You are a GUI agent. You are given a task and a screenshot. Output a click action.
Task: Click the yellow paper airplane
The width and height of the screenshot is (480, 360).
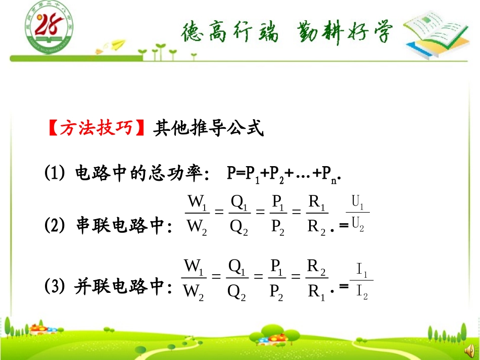(x=118, y=45)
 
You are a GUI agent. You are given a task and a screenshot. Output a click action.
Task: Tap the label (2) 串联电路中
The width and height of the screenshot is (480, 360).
(x=109, y=225)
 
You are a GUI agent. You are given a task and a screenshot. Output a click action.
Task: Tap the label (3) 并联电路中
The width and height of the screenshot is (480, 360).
(x=108, y=287)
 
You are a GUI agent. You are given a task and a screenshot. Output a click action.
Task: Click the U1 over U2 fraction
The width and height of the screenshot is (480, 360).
(x=358, y=214)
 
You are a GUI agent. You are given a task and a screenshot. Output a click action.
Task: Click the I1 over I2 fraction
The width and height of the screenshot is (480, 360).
(x=361, y=281)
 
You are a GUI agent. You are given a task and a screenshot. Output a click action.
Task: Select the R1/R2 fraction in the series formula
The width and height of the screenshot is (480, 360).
(x=317, y=214)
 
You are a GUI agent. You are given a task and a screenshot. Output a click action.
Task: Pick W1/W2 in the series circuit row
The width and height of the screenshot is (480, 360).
(x=197, y=214)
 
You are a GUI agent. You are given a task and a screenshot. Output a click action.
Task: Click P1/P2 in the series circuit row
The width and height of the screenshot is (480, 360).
(x=278, y=214)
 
